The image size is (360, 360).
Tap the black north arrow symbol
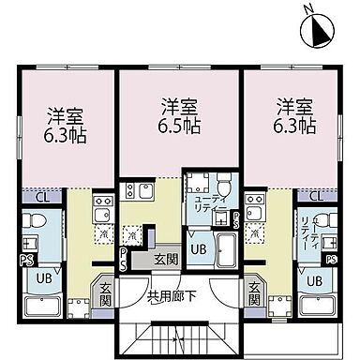click(318, 33)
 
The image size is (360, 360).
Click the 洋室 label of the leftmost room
click(67, 117)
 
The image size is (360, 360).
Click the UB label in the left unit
click(44, 278)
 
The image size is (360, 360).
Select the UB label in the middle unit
click(199, 249)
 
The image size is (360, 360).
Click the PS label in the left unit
click(26, 261)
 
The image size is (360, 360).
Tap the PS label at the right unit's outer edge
click(331, 259)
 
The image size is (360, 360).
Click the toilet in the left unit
click(34, 226)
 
